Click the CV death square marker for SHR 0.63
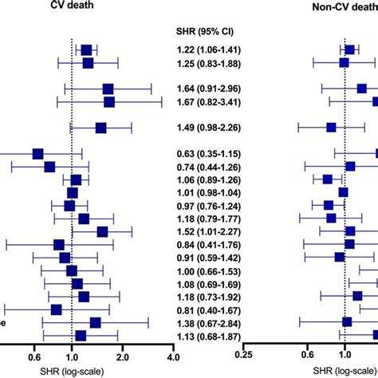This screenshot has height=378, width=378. click(x=37, y=153)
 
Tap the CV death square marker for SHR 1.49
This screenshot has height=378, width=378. click(x=100, y=128)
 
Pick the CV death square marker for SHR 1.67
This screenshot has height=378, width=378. click(x=109, y=102)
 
